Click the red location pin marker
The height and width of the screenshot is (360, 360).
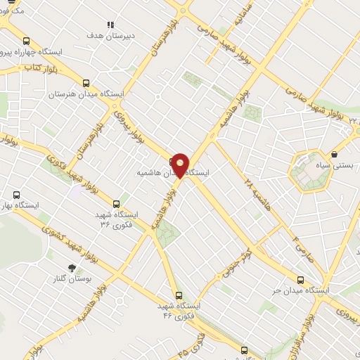coord(180,165)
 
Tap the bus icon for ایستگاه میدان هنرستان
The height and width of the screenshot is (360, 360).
coord(86,83)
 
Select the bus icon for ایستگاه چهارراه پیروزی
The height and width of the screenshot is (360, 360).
coord(26,41)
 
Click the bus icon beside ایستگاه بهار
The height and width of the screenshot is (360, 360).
coord(16,195)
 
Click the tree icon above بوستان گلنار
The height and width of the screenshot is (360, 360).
coord(71,267)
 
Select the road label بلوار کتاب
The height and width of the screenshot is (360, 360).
coord(23,67)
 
